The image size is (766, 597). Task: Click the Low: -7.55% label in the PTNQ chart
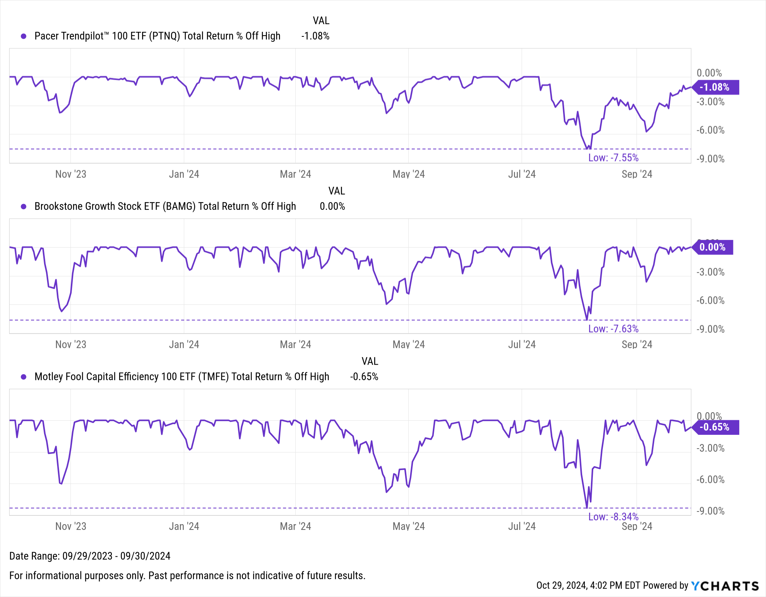613,158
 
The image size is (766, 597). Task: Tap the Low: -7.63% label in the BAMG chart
613,329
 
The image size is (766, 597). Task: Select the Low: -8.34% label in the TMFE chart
613,516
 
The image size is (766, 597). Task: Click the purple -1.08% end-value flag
715,87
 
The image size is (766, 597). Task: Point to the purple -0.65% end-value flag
715,427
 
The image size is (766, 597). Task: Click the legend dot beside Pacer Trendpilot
24,36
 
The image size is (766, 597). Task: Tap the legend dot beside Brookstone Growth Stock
24,206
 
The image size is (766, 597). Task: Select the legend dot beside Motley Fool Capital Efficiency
24,377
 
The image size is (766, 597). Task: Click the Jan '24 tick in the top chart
184,174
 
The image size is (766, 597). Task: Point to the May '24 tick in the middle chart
409,345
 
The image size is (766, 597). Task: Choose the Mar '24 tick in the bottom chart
295,526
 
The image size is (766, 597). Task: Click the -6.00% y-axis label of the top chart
710,130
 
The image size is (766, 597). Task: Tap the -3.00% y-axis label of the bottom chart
710,448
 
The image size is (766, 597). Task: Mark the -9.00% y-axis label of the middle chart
710,329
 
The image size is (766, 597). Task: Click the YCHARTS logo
725,586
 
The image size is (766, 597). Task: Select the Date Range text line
90,556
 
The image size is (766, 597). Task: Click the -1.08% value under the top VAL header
315,36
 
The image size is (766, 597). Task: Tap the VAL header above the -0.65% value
370,361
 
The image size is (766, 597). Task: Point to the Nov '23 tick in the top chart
71,174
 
